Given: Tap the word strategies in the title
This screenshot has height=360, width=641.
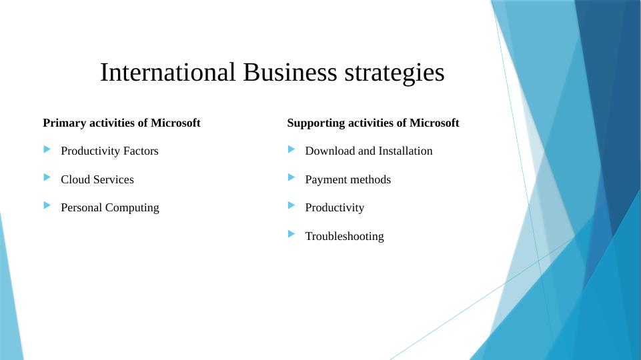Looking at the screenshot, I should (394, 73).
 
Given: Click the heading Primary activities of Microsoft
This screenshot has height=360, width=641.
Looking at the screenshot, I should (121, 123).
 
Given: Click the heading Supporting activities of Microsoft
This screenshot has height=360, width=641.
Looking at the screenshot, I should (373, 123).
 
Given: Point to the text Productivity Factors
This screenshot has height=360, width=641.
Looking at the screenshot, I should (109, 151).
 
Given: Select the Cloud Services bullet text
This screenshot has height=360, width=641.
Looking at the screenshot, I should (97, 179).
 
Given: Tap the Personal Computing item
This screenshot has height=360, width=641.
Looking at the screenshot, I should (109, 207).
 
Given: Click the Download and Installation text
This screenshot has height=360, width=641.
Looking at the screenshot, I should (368, 151).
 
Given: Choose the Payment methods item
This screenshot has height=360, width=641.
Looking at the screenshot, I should (348, 179).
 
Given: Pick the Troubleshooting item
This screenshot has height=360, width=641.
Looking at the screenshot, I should (344, 236).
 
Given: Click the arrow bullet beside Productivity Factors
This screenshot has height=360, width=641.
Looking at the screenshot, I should (46, 149).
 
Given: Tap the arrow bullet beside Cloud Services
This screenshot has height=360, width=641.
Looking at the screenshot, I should (46, 177).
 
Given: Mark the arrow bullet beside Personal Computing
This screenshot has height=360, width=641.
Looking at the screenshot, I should (46, 205).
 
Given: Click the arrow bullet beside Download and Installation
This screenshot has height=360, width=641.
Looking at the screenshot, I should (291, 149).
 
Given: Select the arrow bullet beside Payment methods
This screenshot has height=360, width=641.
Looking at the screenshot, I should (291, 177).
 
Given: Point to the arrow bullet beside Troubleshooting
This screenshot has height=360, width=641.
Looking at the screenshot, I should (291, 234).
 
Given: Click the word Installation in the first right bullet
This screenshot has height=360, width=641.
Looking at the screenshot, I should (406, 151).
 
